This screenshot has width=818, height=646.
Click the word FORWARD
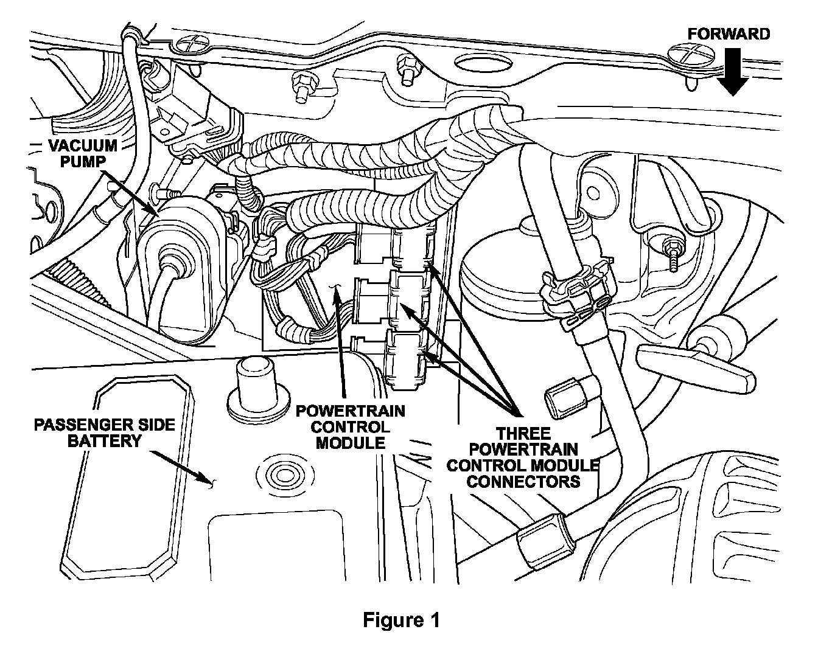coord(729,33)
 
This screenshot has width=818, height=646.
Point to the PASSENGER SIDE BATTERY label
coord(104,432)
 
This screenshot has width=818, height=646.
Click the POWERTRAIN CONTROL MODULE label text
coord(350,426)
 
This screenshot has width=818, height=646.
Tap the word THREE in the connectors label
coord(523,434)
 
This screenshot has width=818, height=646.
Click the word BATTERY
coord(104,440)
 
